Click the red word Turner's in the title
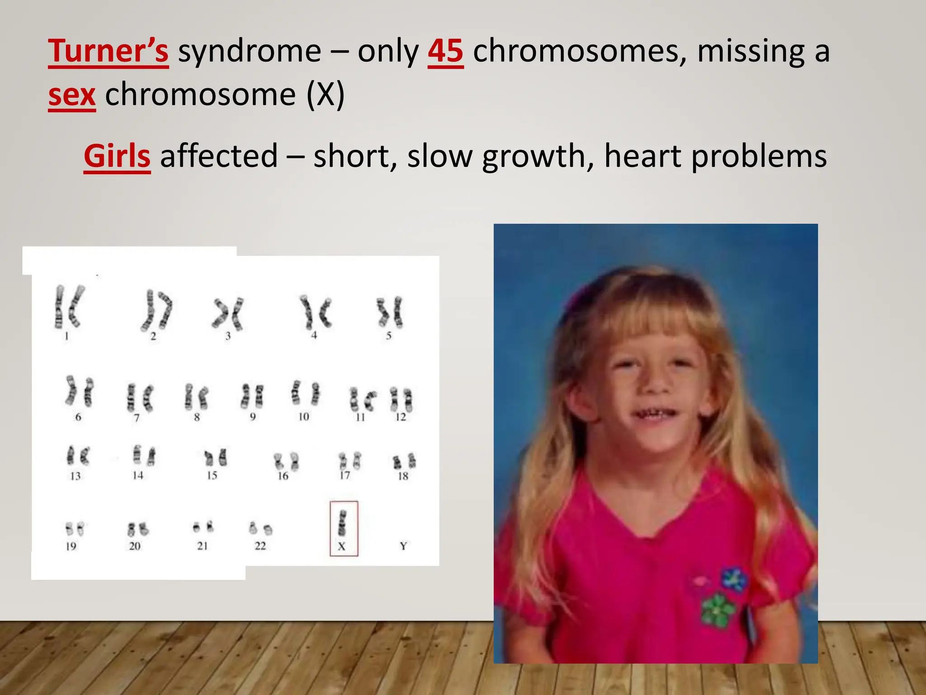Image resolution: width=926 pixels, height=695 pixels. pos(109,51)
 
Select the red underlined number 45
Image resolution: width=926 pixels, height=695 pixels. pos(445,51)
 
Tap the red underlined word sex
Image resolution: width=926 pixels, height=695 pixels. pos(72,95)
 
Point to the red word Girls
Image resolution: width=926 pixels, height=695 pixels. pos(117,156)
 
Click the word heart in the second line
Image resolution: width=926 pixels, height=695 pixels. pos(643,156)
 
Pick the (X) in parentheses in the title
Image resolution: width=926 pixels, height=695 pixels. pos(326,95)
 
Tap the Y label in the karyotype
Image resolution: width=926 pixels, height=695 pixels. pos(403,546)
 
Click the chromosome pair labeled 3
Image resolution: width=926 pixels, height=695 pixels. pos(228,313)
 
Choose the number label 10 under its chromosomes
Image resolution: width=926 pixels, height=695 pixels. pos(303,417)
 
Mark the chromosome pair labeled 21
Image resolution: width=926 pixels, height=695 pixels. pos(203,527)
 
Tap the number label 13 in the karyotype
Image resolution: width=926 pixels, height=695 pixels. pos(75,476)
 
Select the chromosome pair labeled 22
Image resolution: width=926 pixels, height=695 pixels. pos(260,528)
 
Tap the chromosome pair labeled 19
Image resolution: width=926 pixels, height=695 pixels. pos(75,529)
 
